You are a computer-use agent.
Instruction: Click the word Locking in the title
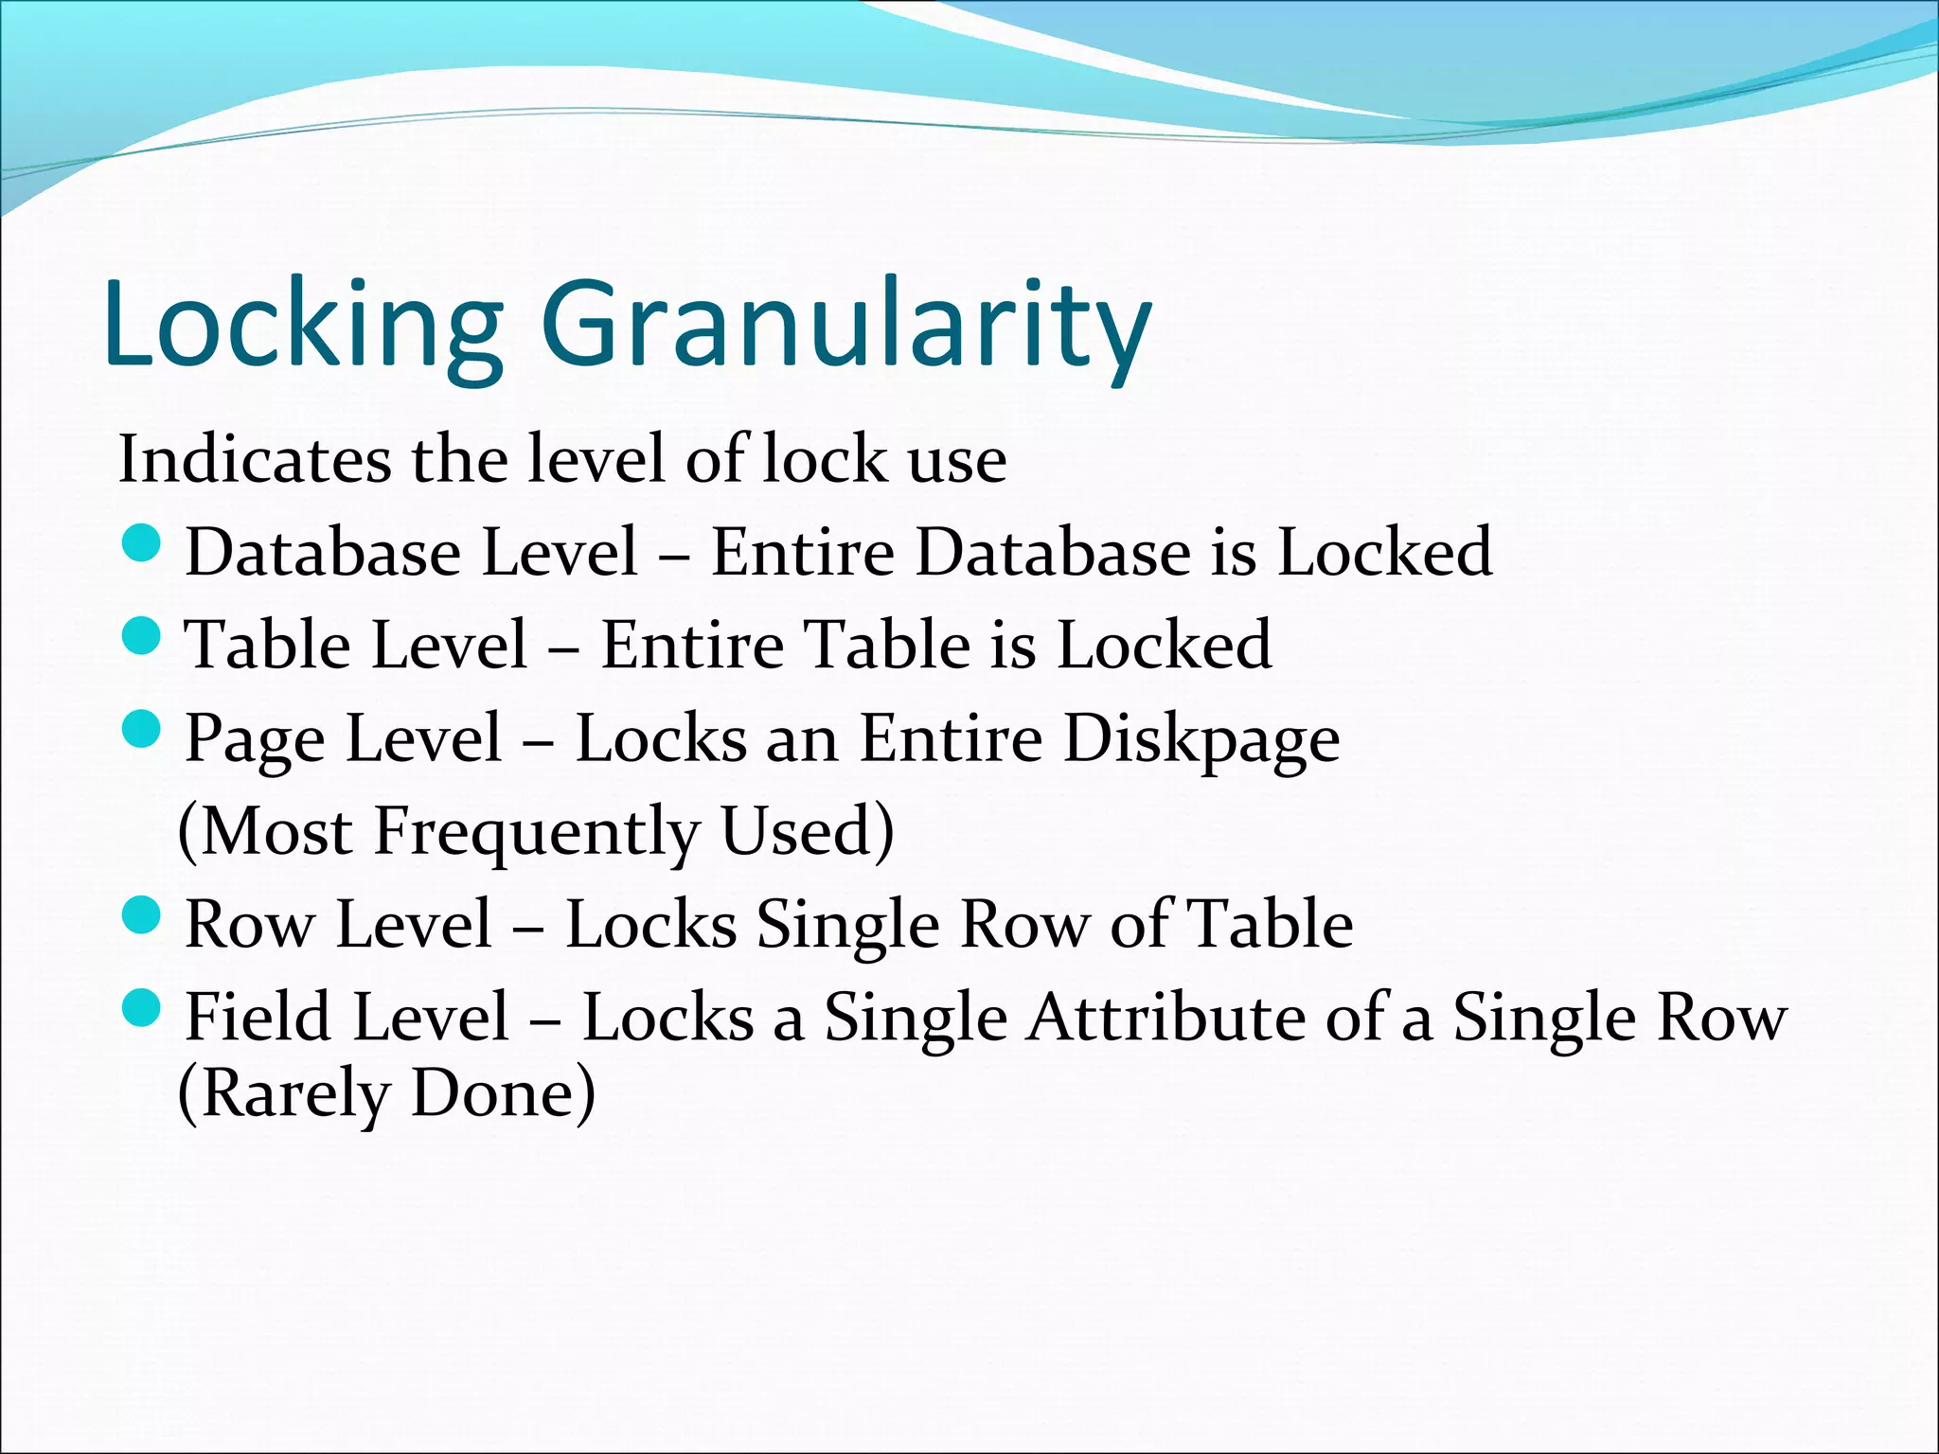point(303,324)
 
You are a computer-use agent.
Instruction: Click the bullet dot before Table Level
point(143,637)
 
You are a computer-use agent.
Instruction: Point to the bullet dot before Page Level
point(143,730)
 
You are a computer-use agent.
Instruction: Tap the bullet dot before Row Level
point(143,915)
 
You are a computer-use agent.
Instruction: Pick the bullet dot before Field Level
point(143,1008)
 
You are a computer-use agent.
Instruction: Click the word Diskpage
point(1201,739)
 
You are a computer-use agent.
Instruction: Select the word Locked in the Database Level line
point(1385,554)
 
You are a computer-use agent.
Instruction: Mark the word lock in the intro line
point(824,460)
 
